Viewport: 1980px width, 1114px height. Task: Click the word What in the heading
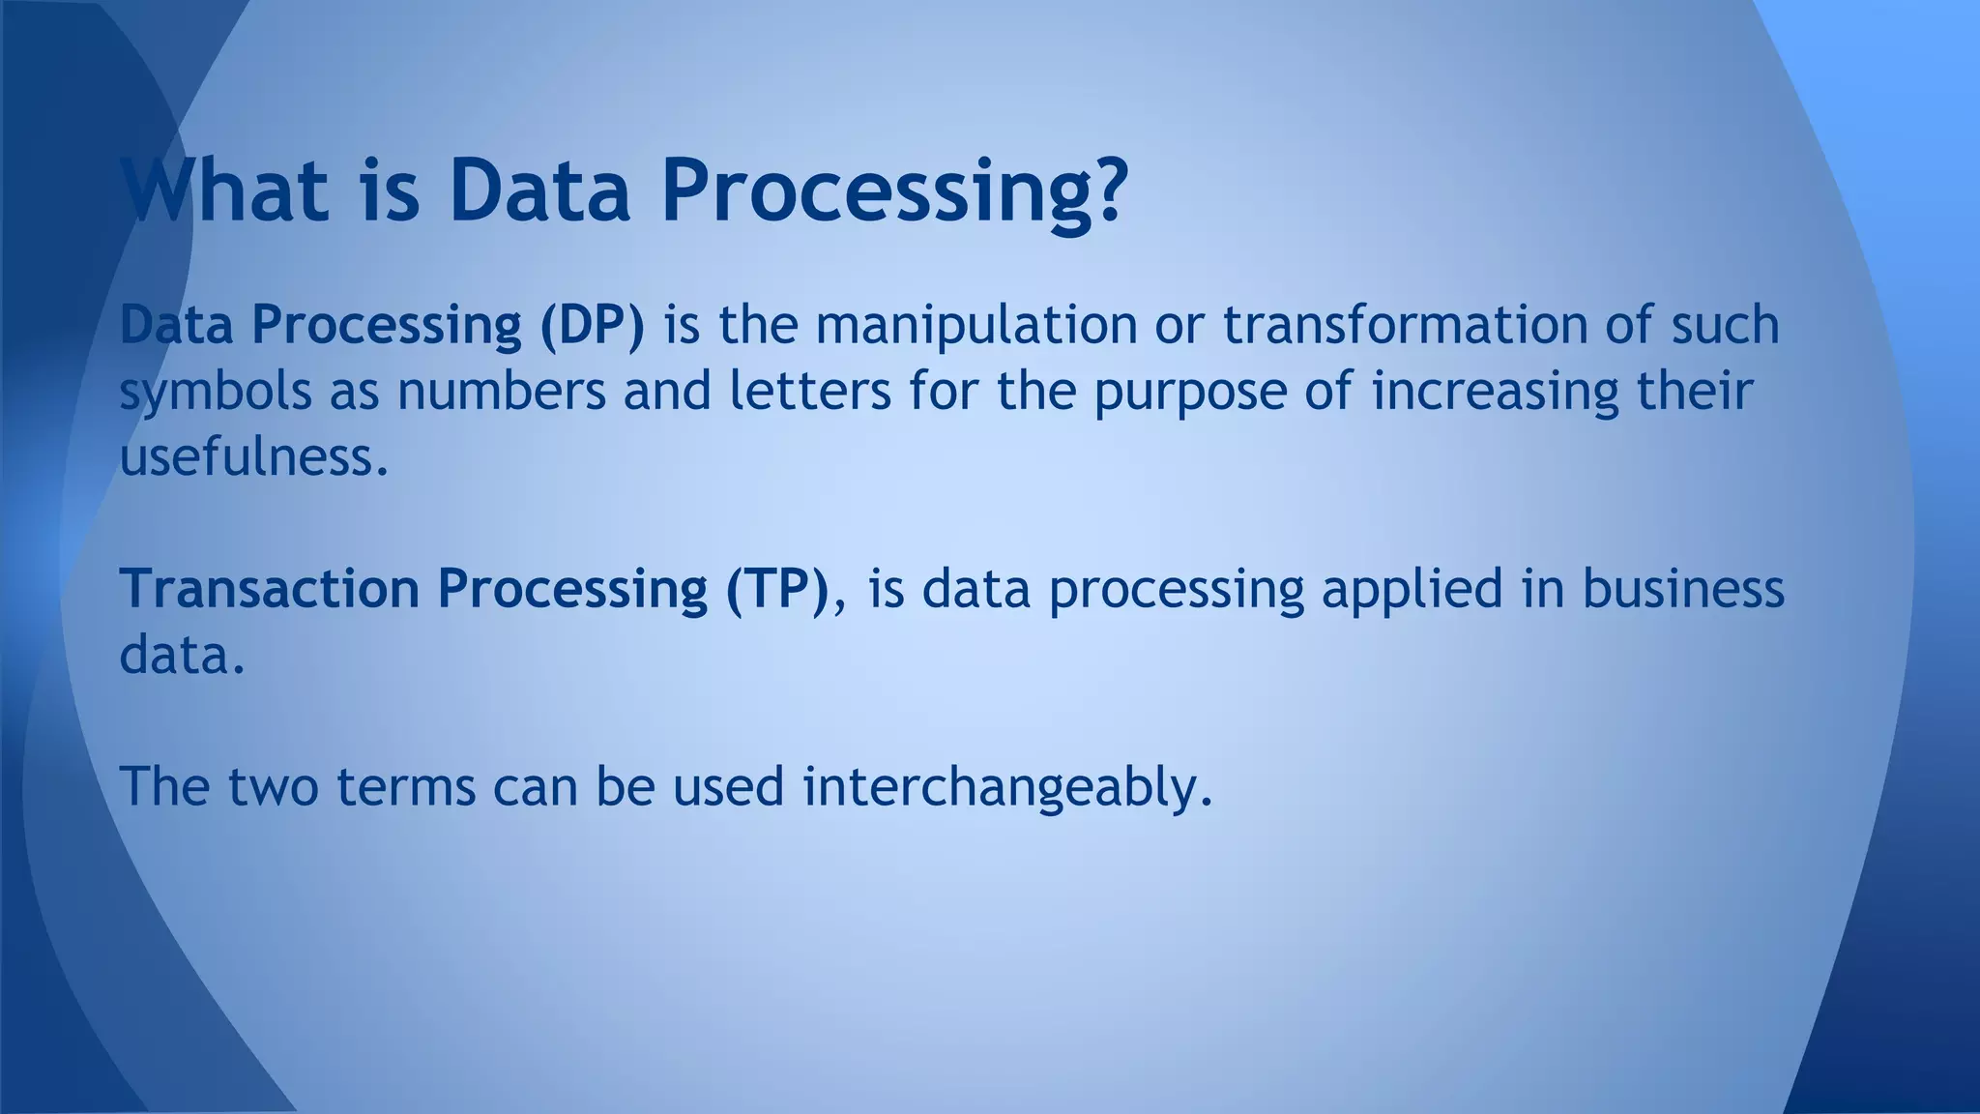(x=224, y=190)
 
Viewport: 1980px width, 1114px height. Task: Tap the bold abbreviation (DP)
(x=592, y=325)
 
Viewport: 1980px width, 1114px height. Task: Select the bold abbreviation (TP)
(x=777, y=588)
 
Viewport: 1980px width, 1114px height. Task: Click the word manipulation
(x=976, y=325)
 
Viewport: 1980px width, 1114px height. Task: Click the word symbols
(x=216, y=393)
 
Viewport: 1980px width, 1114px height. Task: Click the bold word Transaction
(x=269, y=588)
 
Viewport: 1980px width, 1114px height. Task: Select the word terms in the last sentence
(x=406, y=787)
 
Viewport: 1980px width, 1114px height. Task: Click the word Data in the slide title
(x=539, y=190)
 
